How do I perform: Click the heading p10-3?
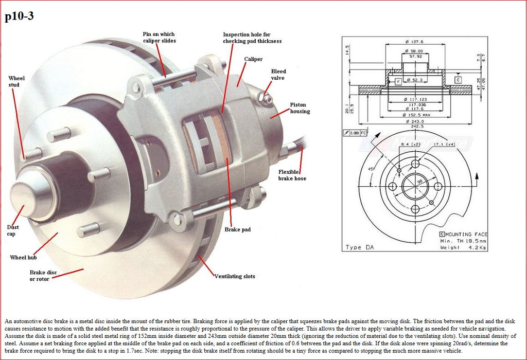[20, 17]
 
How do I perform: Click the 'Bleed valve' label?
[278, 75]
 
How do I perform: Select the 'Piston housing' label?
[300, 108]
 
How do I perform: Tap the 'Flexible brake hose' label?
[292, 175]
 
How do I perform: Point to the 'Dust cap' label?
[13, 230]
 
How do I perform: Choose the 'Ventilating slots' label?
[235, 276]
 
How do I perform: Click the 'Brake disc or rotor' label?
[43, 276]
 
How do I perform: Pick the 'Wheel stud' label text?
[16, 81]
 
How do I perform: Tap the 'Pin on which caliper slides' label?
[159, 38]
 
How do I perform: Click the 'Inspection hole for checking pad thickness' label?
[252, 38]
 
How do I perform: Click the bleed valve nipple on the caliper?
[266, 96]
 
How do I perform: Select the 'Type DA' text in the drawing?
[360, 247]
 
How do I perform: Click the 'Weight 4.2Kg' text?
[463, 247]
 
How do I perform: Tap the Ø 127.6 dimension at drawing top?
[414, 42]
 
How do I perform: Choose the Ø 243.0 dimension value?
[414, 121]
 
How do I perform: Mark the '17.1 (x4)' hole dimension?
[444, 145]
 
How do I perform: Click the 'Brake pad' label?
[237, 229]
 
